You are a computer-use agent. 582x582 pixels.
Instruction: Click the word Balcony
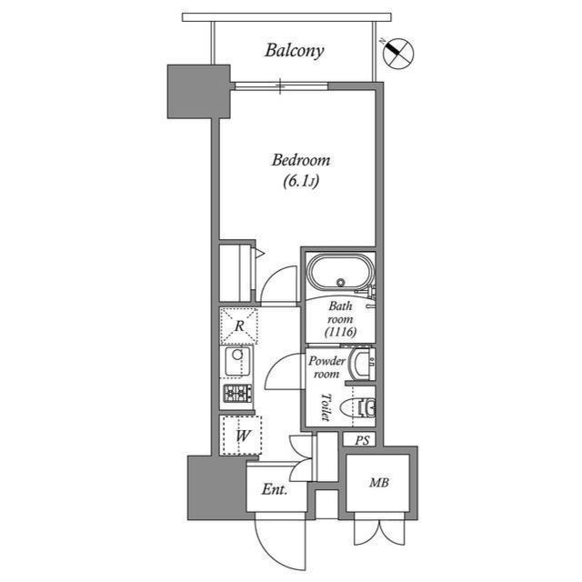(294, 51)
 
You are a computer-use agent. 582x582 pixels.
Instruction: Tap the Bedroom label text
(301, 161)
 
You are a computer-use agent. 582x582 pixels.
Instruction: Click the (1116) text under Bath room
(340, 333)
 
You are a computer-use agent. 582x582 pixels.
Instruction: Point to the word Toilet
(325, 407)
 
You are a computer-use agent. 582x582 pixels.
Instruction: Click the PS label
(363, 440)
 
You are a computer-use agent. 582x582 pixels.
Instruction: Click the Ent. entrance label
(274, 490)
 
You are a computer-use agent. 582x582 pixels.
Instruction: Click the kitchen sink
(238, 362)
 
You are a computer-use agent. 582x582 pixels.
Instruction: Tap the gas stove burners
(238, 395)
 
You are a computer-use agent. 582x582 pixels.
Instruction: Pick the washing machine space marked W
(242, 436)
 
